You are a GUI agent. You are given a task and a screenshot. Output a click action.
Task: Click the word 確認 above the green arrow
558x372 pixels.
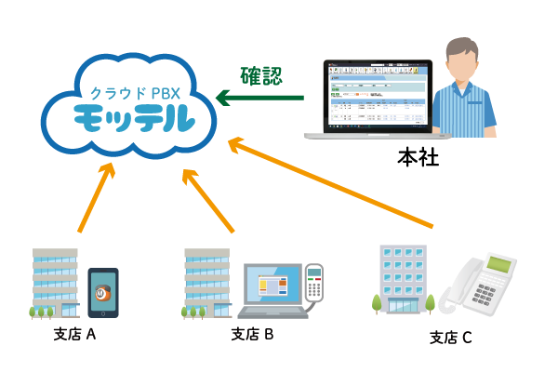(260, 75)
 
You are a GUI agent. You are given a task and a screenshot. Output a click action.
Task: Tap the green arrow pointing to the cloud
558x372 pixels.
(259, 97)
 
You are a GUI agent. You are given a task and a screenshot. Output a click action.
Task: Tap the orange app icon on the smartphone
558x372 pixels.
(103, 292)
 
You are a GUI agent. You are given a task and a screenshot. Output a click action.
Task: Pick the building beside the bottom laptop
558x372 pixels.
(206, 282)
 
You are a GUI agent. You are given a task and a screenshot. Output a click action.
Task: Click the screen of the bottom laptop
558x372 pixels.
(272, 285)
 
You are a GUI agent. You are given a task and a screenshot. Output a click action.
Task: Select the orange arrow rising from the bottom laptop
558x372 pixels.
(208, 200)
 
